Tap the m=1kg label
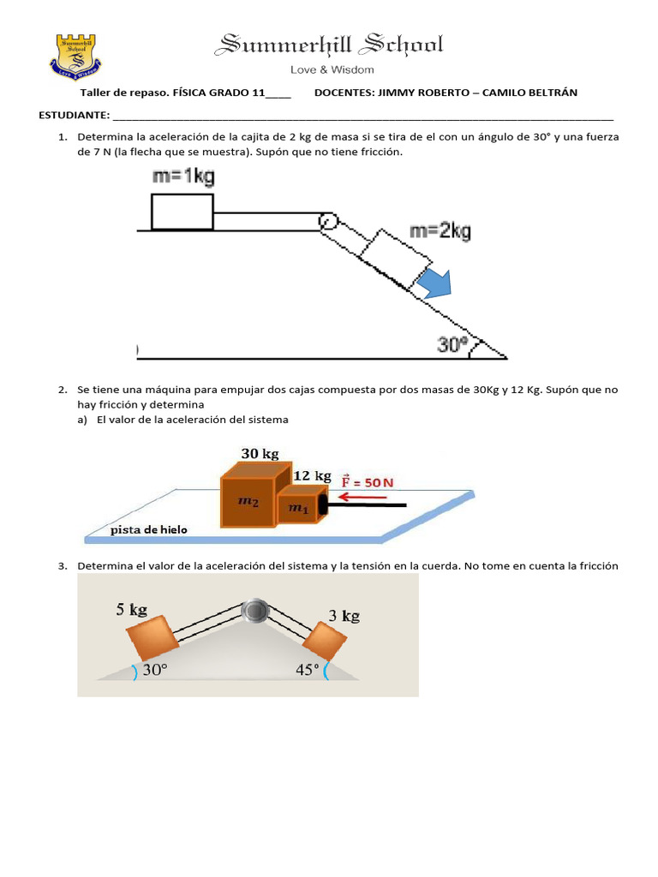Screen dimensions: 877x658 (182, 176)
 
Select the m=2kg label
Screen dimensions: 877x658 (440, 230)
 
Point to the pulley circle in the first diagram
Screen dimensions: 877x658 (326, 222)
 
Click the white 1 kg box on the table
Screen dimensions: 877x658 (182, 212)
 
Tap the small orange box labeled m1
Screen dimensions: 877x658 (296, 508)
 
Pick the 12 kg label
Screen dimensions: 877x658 (312, 475)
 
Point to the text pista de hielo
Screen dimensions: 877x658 (149, 530)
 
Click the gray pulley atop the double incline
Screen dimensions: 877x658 (255, 611)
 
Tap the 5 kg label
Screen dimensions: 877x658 (132, 610)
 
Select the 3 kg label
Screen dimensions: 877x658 (344, 615)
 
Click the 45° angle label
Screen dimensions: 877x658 (307, 670)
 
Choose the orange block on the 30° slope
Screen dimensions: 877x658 (152, 637)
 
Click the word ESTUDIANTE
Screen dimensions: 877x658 (73, 116)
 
